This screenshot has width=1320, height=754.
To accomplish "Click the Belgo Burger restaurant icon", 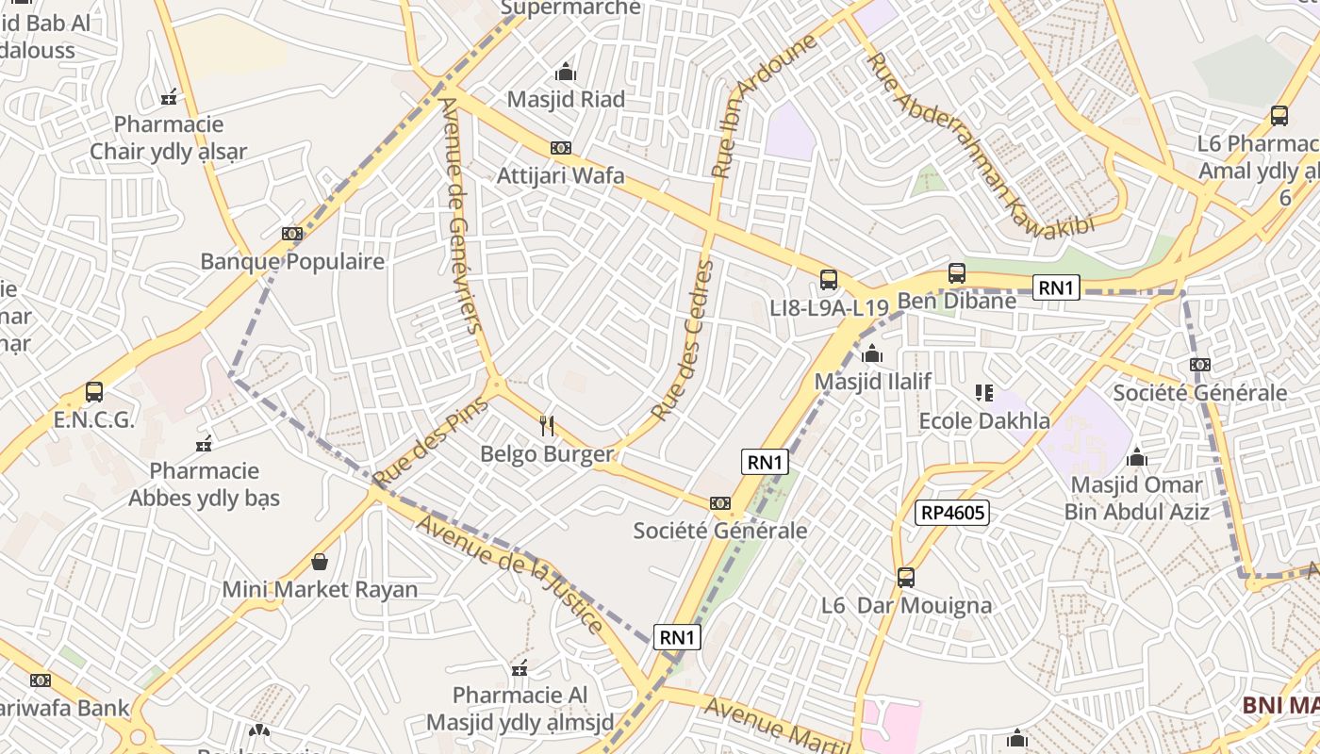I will click(x=547, y=426).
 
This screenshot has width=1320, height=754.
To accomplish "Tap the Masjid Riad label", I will click(x=566, y=99).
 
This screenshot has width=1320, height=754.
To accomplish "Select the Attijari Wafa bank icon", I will click(x=561, y=148).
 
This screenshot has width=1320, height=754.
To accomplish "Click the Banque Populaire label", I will click(x=292, y=261).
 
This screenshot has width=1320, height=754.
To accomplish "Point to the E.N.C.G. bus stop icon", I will click(x=94, y=391).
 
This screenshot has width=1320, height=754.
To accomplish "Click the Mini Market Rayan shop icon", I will click(x=320, y=563).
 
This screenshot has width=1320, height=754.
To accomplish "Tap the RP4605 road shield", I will click(x=951, y=513).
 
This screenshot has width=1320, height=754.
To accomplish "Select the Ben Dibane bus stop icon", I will click(x=957, y=273).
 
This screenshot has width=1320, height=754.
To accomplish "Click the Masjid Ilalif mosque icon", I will click(x=872, y=353).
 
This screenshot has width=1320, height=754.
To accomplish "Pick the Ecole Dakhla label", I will click(x=983, y=420).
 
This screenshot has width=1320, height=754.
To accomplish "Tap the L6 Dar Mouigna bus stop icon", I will click(x=906, y=577).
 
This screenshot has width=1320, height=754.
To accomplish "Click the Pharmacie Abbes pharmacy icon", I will click(x=204, y=443).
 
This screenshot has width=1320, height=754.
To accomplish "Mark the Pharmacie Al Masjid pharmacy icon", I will click(x=520, y=669).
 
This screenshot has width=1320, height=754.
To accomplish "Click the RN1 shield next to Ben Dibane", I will click(x=1055, y=287).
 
